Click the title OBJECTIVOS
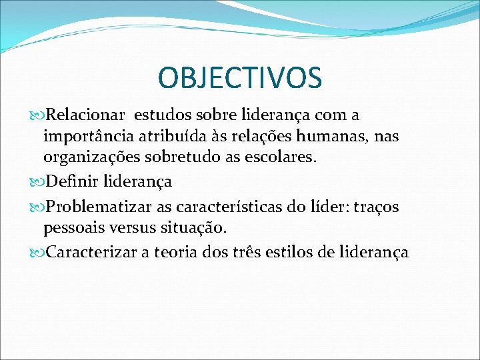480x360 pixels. [x=240, y=78]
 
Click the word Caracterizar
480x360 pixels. [x=89, y=253]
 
